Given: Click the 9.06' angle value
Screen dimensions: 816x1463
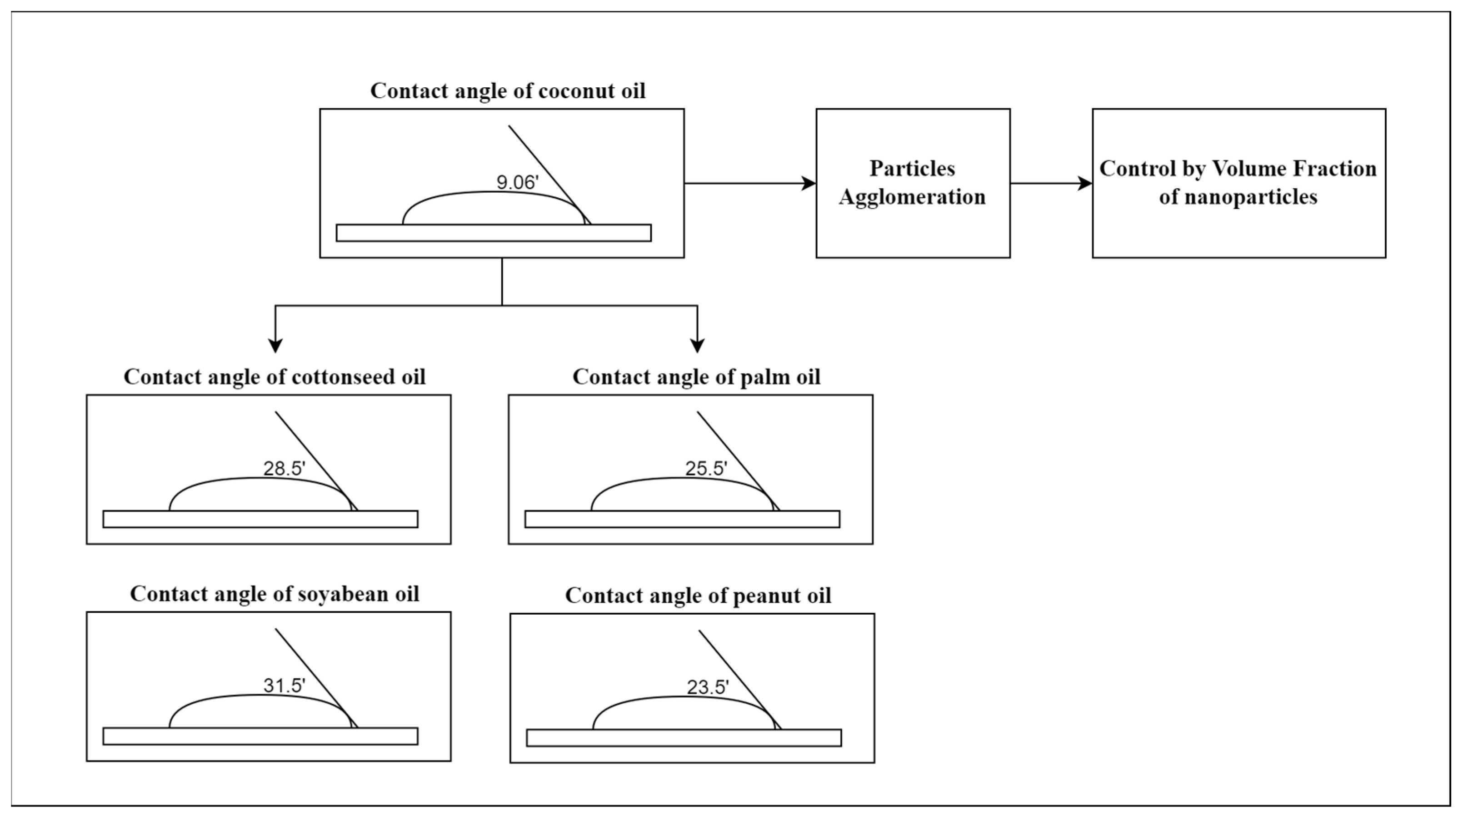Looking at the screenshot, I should [x=517, y=182].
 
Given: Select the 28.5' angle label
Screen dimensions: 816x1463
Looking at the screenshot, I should [x=284, y=468].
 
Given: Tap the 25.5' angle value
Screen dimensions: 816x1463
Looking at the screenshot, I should [x=706, y=468].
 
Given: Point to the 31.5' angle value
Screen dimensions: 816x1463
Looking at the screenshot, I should [x=284, y=686].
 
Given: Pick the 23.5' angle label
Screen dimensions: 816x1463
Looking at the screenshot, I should [x=708, y=687].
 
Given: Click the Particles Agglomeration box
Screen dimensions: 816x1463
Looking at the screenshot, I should [x=913, y=183].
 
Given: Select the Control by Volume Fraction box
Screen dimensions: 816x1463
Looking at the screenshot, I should [x=1238, y=183].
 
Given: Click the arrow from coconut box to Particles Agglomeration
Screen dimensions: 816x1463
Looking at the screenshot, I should [x=749, y=183].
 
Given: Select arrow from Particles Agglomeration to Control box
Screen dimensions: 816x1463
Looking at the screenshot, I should [x=1051, y=183].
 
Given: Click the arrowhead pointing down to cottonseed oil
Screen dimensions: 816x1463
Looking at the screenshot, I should [x=275, y=345].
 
